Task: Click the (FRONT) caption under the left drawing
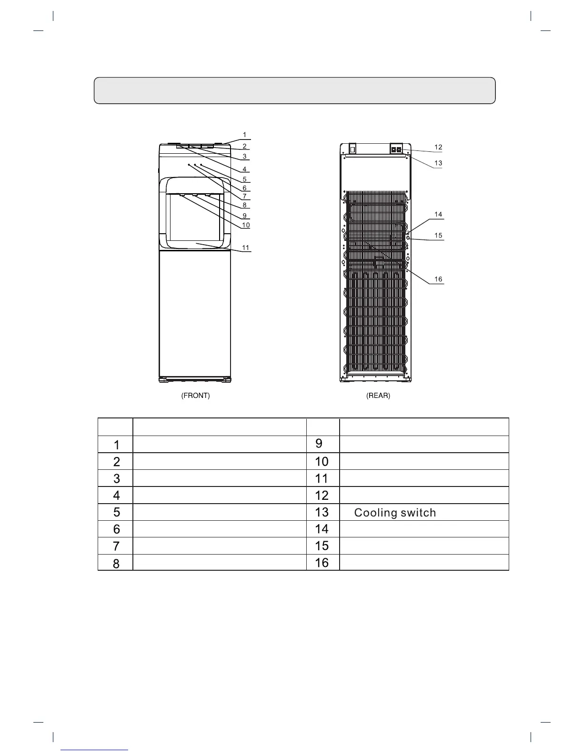(x=195, y=396)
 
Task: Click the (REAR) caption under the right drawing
(x=378, y=396)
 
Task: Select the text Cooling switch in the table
(x=395, y=513)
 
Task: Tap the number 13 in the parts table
(x=322, y=512)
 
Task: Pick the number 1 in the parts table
(x=116, y=445)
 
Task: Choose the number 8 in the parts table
(x=116, y=563)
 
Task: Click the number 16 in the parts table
(x=322, y=563)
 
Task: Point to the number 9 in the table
(x=319, y=444)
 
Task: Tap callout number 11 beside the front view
(x=246, y=248)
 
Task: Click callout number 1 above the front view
(x=245, y=135)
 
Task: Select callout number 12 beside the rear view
(x=438, y=147)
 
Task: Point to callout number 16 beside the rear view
(x=438, y=279)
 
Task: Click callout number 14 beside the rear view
(x=438, y=214)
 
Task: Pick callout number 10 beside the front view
(x=246, y=225)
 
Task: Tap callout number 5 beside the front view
(x=245, y=179)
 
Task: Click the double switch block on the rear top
(x=396, y=149)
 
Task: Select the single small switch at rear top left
(x=353, y=149)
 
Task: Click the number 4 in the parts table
(x=116, y=496)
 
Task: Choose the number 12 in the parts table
(x=322, y=496)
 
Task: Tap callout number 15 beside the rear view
(x=438, y=235)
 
